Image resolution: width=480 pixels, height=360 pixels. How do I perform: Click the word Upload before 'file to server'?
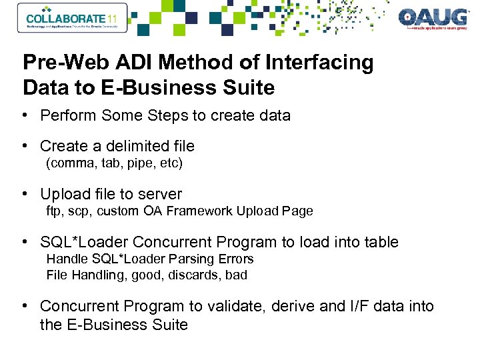(65, 194)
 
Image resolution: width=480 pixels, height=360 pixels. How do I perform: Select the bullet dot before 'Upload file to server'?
(24, 194)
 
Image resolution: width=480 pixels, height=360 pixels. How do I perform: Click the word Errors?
(235, 258)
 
